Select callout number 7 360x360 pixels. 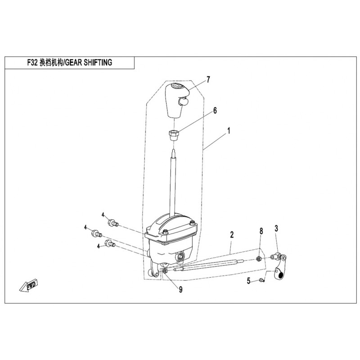tap(209, 80)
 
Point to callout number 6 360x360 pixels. tap(215, 110)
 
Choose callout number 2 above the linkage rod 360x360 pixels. tap(232, 234)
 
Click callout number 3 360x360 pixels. tap(276, 229)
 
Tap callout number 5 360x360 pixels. tap(248, 281)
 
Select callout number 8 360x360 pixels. tap(261, 231)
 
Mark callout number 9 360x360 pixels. tap(180, 290)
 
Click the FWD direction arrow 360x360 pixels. tap(30, 285)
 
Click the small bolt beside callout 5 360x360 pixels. tap(261, 280)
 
